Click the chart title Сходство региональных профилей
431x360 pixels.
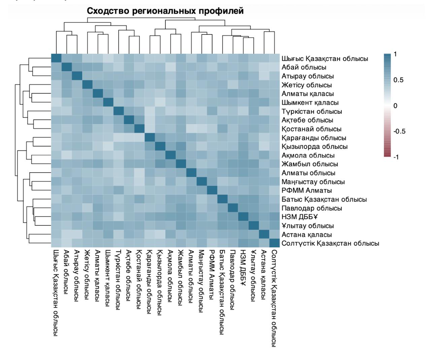[165, 11]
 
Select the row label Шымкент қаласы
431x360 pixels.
[309, 102]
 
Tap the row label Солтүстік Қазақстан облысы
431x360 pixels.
[329, 243]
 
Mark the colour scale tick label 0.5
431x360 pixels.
[398, 80]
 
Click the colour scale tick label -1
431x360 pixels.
[396, 157]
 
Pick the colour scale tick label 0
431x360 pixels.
[396, 106]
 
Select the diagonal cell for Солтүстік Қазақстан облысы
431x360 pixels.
[274, 243]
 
